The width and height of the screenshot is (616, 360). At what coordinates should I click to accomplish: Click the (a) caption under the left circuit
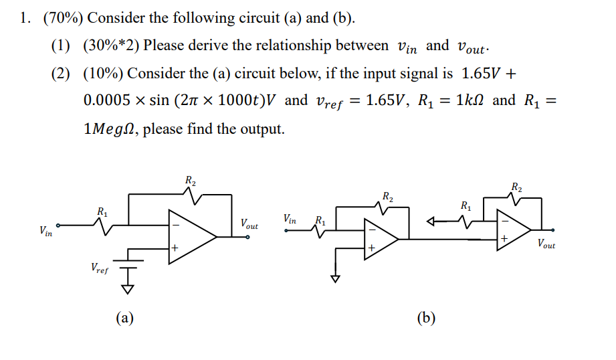[124, 318]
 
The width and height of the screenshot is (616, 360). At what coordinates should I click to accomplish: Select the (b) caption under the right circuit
[425, 318]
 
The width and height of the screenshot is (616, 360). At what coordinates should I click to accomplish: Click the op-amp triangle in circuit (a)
[189, 236]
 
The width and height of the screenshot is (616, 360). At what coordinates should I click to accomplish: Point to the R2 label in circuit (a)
[190, 180]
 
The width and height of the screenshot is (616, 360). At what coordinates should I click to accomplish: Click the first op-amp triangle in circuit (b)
[379, 238]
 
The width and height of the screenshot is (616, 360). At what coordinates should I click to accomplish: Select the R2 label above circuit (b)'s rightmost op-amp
[517, 187]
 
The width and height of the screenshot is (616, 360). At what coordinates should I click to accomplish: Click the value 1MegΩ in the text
[109, 128]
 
